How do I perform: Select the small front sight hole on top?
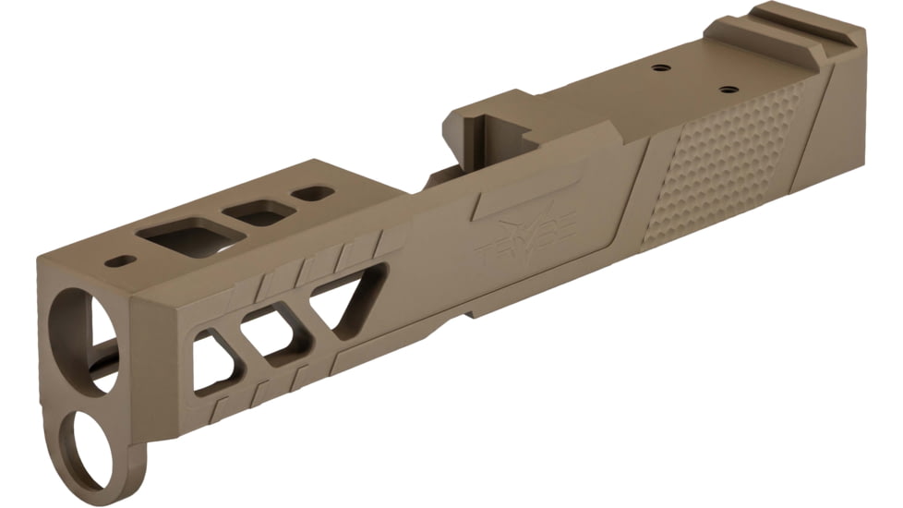pyautogui.click(x=117, y=261)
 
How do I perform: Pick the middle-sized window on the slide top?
pyautogui.click(x=263, y=214)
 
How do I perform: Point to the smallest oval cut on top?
pyautogui.click(x=314, y=194)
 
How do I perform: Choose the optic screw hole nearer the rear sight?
pyautogui.click(x=728, y=90)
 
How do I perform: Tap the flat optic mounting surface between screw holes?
pyautogui.click(x=692, y=79)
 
